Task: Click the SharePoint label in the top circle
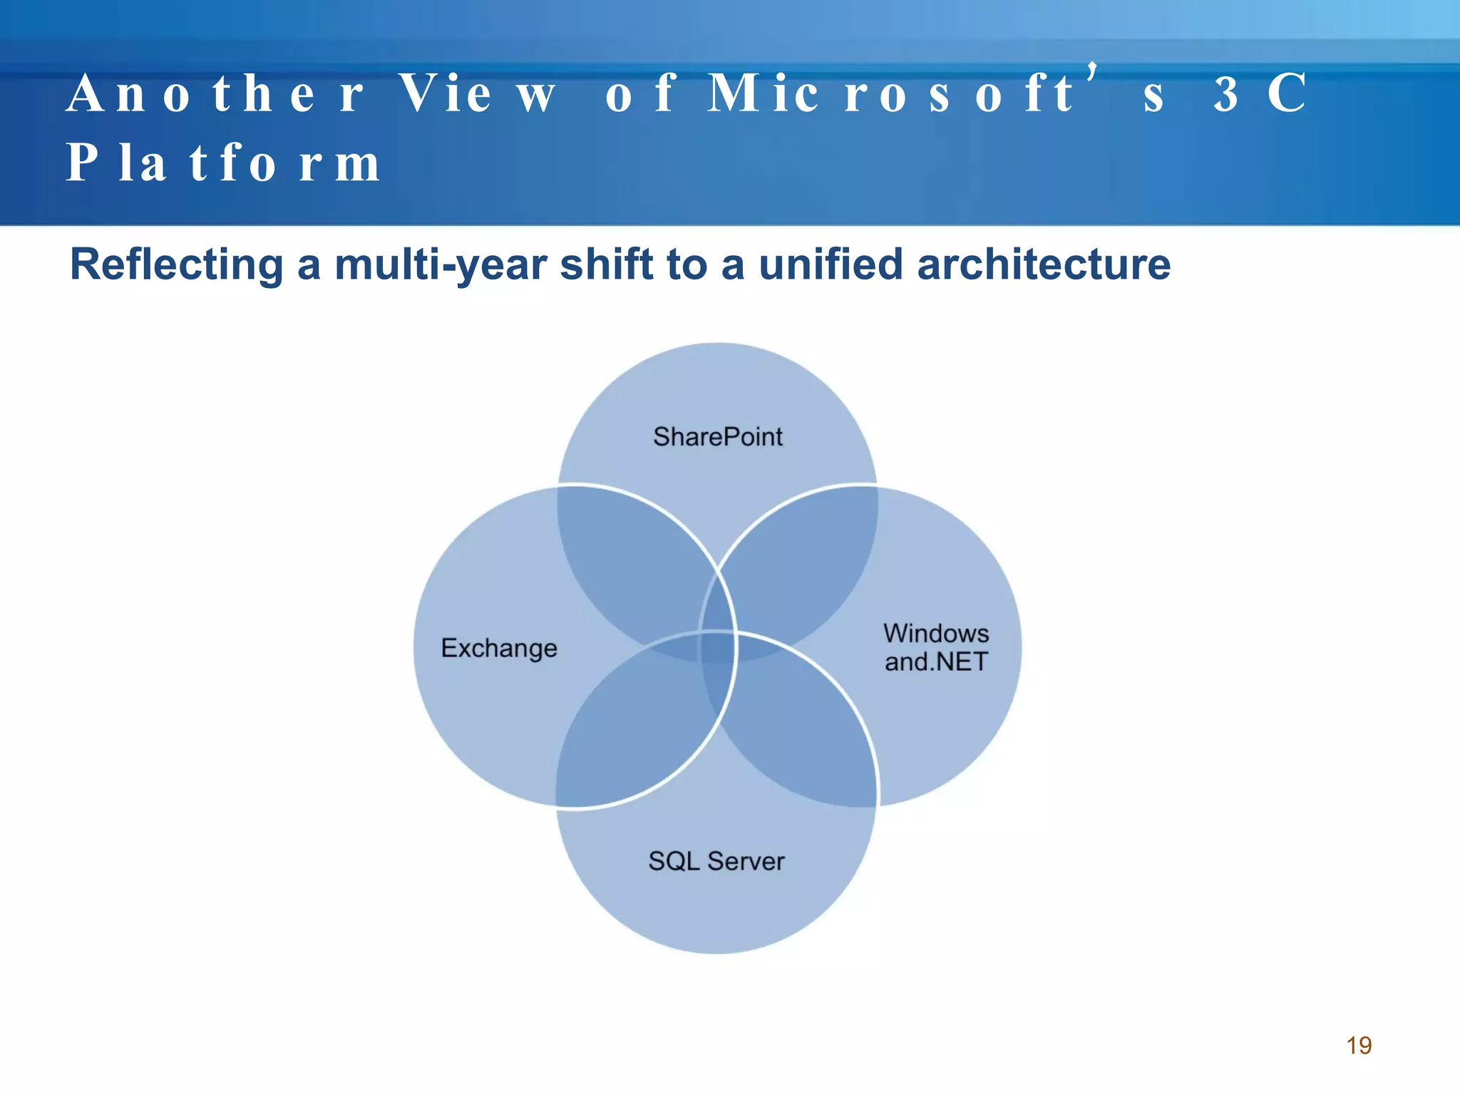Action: (717, 436)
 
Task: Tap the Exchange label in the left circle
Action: (499, 648)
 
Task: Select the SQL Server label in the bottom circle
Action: (716, 861)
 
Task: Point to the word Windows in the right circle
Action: (936, 633)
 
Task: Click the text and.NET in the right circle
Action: (936, 662)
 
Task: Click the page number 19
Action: (1359, 1045)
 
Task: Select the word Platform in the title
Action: (223, 163)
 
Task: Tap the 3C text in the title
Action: (1260, 94)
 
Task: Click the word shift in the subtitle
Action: (606, 265)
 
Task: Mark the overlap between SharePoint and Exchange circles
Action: (627, 563)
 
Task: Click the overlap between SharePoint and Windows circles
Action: (806, 563)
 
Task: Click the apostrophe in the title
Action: (1091, 71)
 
